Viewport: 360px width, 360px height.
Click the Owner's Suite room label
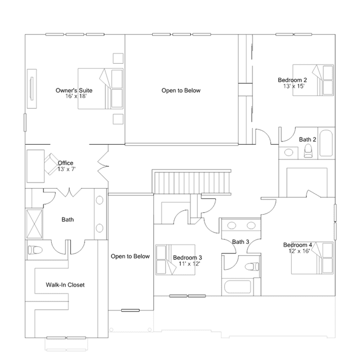tap(74, 91)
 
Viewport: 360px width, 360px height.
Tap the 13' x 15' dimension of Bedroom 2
tap(294, 86)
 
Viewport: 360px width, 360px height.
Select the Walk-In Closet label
tap(65, 285)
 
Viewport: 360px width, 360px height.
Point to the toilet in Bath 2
tap(308, 151)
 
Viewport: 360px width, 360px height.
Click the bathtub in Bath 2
tap(326, 143)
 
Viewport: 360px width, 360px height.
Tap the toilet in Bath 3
tap(252, 266)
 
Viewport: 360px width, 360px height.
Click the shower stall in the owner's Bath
tap(34, 224)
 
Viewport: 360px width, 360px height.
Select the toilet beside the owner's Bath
tap(35, 250)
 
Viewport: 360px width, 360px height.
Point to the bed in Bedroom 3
tap(175, 260)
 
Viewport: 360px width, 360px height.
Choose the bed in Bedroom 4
tap(312, 258)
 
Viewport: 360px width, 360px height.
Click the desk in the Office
tap(35, 166)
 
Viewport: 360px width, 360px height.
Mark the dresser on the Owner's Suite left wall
tap(32, 88)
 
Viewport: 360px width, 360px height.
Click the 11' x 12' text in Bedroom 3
tap(189, 264)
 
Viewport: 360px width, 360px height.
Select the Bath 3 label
tap(241, 242)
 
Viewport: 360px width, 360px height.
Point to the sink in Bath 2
tap(288, 153)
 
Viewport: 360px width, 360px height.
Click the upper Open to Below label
tap(181, 91)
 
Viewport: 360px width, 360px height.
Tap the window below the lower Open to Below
tap(130, 310)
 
